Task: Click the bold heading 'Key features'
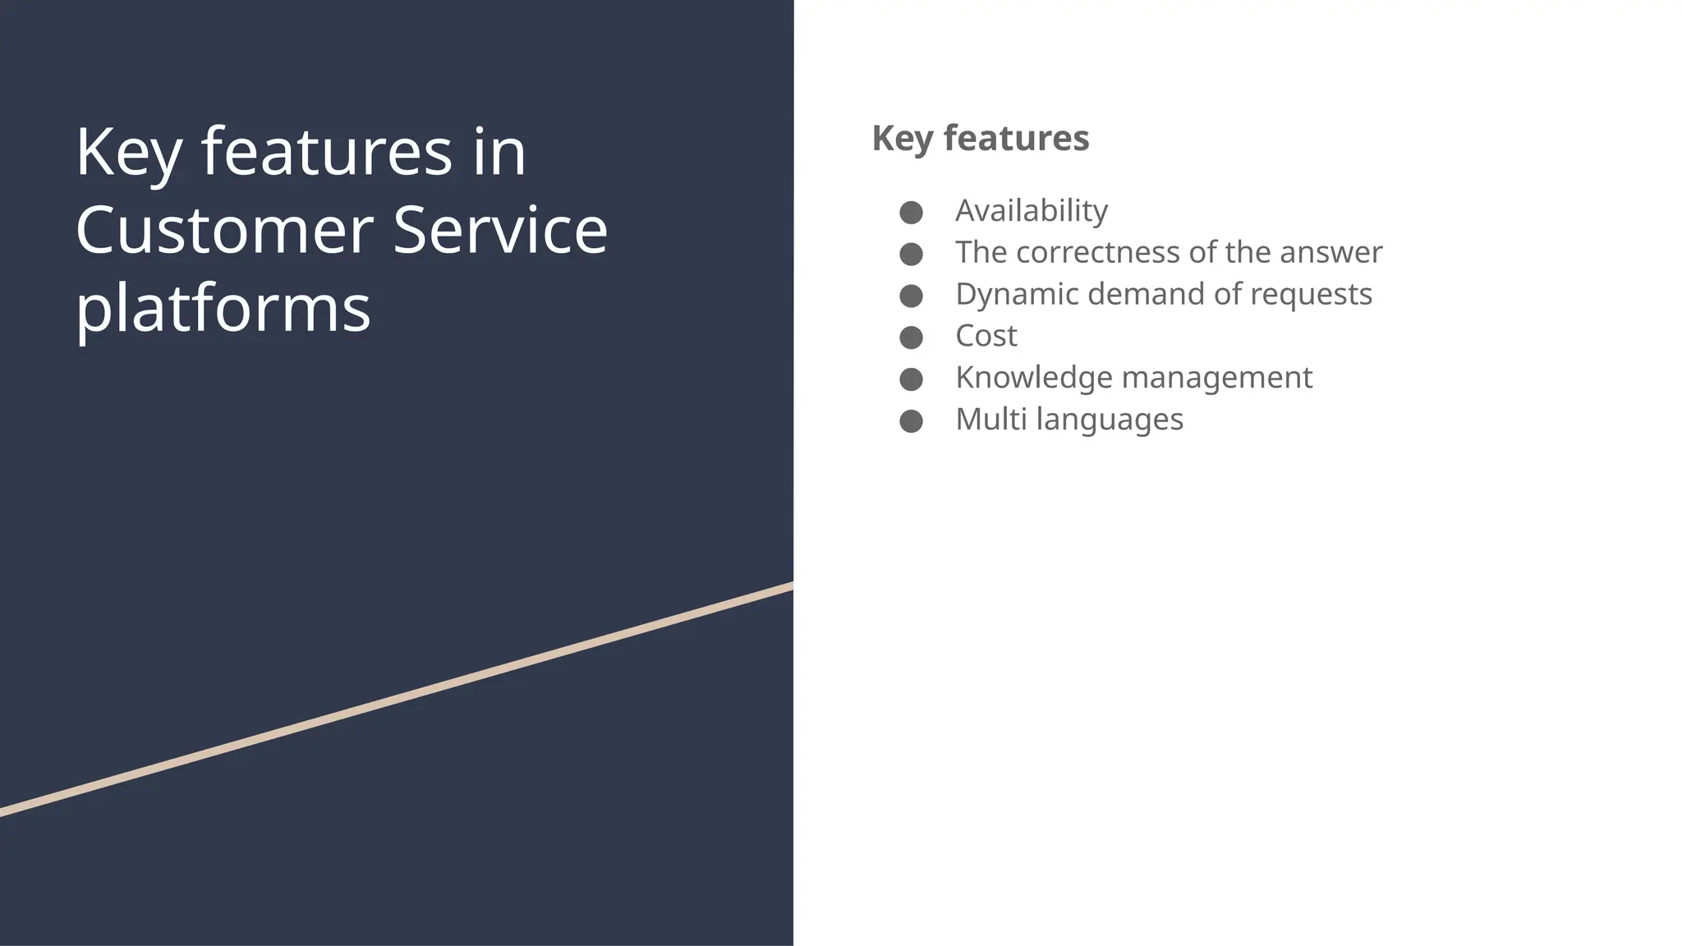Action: point(980,138)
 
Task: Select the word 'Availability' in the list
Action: point(1031,211)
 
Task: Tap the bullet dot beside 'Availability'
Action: point(911,213)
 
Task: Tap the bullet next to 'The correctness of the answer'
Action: point(911,255)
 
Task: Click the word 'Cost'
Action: point(986,336)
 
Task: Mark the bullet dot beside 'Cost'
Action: point(911,338)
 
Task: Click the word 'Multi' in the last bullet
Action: point(990,420)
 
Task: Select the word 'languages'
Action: point(1110,420)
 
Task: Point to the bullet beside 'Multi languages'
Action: point(911,421)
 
